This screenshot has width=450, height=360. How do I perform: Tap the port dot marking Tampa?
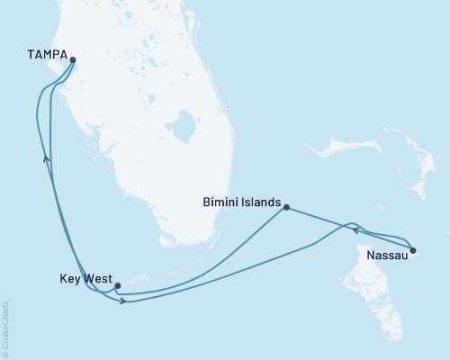tap(73, 62)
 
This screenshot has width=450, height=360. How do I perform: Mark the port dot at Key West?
tap(117, 286)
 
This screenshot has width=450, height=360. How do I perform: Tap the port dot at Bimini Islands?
tap(286, 208)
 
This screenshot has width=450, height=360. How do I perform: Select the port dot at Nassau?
tap(412, 250)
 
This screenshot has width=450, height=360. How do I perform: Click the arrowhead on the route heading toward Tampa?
tap(46, 158)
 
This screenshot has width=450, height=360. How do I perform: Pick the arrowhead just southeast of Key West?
tap(123, 300)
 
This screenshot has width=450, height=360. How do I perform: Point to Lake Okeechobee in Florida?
tap(186, 128)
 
